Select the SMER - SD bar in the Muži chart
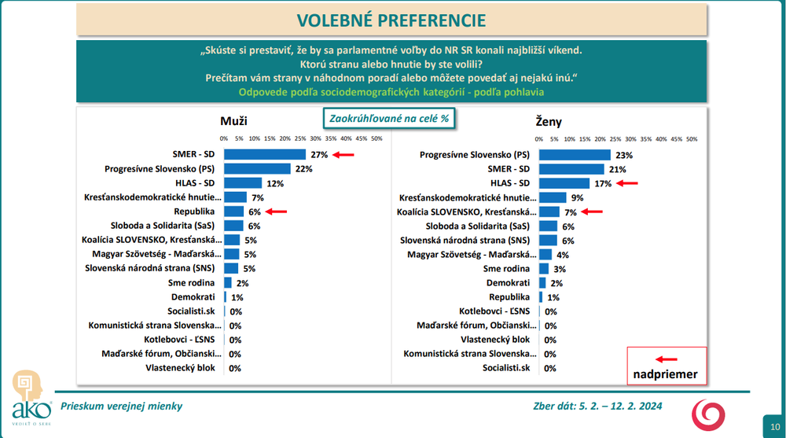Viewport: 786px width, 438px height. (x=265, y=155)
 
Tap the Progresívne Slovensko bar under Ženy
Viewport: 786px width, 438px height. (x=575, y=155)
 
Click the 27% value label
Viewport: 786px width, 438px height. (x=318, y=155)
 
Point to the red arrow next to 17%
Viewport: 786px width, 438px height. (x=626, y=183)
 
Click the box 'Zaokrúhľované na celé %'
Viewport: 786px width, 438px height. (x=390, y=117)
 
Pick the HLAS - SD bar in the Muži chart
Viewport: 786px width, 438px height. (x=242, y=183)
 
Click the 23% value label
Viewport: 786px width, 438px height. (x=624, y=155)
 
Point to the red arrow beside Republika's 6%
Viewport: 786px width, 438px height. (x=277, y=212)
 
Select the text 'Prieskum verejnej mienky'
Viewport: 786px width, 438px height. (x=121, y=406)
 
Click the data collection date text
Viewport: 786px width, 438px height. (x=597, y=406)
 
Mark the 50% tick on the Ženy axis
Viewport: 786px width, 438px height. (x=691, y=138)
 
